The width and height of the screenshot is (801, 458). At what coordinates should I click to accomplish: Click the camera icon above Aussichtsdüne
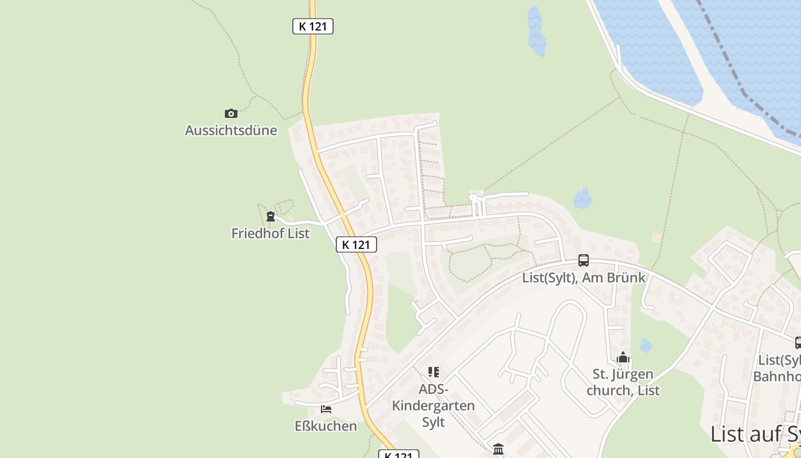coord(231,113)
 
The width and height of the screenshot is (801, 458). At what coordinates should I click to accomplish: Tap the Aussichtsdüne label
coord(231,131)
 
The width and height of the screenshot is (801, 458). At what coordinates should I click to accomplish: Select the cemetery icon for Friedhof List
coord(270,216)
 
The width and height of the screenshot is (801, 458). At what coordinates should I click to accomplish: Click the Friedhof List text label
coord(270,234)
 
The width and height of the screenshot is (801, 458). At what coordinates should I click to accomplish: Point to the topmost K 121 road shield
coord(312,26)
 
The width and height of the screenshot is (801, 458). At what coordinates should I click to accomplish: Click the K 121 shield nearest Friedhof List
coord(356,244)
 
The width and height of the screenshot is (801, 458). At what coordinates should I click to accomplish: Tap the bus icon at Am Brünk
coord(584,260)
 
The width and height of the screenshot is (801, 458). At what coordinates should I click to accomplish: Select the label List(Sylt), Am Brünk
coord(584,278)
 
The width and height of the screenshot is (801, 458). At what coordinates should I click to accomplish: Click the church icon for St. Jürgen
coord(623,358)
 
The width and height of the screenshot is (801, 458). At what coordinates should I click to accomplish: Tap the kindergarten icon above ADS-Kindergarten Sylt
coord(434,372)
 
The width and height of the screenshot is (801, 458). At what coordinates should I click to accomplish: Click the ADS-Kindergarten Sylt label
coord(433,405)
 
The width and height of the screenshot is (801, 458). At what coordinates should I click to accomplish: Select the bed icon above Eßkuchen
coord(326,409)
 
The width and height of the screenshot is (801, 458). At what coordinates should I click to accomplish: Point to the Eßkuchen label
coord(326,426)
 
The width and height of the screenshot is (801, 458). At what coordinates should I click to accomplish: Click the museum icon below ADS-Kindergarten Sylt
coord(498,449)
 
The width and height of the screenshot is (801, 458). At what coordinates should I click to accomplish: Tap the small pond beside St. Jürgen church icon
coord(645,345)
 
